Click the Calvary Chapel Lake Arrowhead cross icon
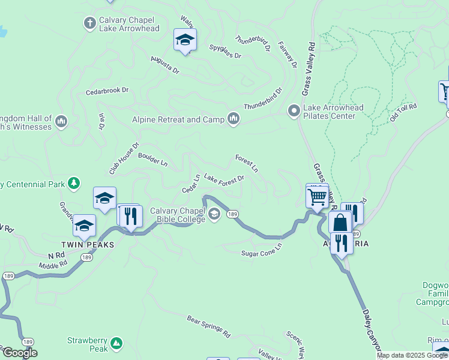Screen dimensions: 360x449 click(90, 23)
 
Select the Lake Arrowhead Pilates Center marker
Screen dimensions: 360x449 click(294, 111)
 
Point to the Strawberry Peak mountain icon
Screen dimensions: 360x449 click(116, 344)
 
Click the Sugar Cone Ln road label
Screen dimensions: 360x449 click(261, 253)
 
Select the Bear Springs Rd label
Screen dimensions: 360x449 click(208, 325)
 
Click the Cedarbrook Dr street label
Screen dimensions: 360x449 click(107, 91)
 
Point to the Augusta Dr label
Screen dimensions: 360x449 click(165, 65)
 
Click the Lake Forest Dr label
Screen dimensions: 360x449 click(224, 178)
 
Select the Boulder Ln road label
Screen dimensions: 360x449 click(152, 160)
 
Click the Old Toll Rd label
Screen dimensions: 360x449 click(403, 112)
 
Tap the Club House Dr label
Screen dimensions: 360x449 click(124, 158)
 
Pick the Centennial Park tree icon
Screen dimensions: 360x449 click(74, 182)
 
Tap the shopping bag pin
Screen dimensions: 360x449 click(340, 222)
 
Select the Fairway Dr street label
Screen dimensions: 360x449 click(292, 55)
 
